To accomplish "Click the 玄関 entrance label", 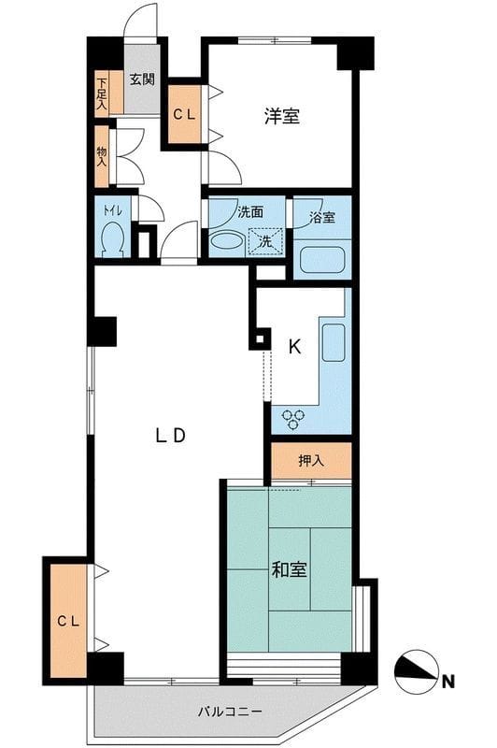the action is [x=142, y=79].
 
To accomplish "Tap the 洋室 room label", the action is [x=282, y=116].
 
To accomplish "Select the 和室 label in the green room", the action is [x=289, y=569].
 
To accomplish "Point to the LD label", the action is [x=171, y=435].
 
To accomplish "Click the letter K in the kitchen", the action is [x=295, y=347].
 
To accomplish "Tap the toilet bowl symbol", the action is [x=112, y=239].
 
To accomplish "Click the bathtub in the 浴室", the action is [x=321, y=260].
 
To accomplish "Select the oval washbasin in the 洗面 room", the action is [x=227, y=240].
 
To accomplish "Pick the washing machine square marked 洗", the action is [x=266, y=241].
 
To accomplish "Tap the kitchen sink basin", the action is [x=334, y=342].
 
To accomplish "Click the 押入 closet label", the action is [x=311, y=460].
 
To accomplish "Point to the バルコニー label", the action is [x=230, y=712].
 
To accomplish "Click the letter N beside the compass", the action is [x=447, y=682].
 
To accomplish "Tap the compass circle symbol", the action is [x=417, y=672].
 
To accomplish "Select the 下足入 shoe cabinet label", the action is [x=102, y=93].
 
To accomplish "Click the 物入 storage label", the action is [x=102, y=156].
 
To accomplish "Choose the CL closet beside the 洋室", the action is [x=184, y=114].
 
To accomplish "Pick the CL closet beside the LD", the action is [x=68, y=621].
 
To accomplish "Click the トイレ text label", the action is [x=112, y=209].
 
